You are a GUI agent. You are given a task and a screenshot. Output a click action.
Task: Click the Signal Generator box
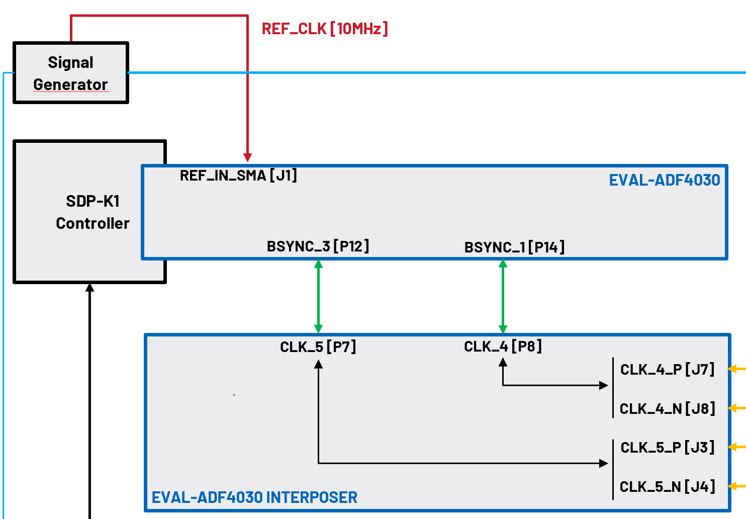(70, 73)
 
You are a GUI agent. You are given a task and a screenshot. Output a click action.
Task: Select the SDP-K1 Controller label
(92, 212)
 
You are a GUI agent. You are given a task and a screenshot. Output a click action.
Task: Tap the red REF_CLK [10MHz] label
(325, 29)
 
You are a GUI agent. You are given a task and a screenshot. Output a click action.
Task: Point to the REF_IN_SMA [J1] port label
(238, 176)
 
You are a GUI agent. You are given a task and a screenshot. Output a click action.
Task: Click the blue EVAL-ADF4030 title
(664, 180)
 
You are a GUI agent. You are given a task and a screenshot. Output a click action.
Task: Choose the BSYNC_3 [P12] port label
(318, 246)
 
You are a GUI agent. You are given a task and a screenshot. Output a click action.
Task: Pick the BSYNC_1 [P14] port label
(514, 247)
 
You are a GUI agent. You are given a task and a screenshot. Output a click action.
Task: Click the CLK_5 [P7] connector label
(318, 347)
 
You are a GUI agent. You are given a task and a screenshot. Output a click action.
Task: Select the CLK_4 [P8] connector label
(503, 347)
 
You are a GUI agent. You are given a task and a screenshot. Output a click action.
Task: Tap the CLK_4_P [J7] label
(667, 370)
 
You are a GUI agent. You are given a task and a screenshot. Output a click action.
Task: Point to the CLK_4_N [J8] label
(667, 409)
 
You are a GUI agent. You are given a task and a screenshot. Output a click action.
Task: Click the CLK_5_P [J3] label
(667, 448)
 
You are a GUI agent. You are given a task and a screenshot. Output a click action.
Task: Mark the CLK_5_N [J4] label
(667, 487)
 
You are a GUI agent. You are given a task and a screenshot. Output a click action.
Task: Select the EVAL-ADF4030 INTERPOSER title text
(254, 497)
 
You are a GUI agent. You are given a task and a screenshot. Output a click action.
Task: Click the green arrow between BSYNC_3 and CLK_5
(318, 296)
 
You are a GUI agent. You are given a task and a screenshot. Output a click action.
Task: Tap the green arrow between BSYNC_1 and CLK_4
(503, 296)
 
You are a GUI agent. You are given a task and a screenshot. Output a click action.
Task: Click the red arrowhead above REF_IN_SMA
(247, 157)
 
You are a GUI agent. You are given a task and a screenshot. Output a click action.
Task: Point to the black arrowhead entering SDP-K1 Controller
(90, 288)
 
